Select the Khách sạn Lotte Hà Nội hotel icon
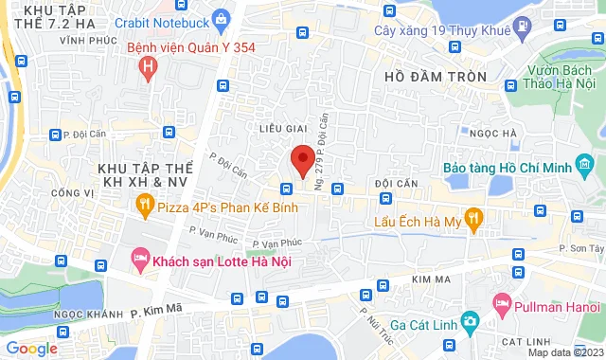pos(139,258)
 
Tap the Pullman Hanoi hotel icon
pos(503,306)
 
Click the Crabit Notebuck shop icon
pos(222,18)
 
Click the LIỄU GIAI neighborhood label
pos(285,127)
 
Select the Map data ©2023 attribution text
pos(564,352)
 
